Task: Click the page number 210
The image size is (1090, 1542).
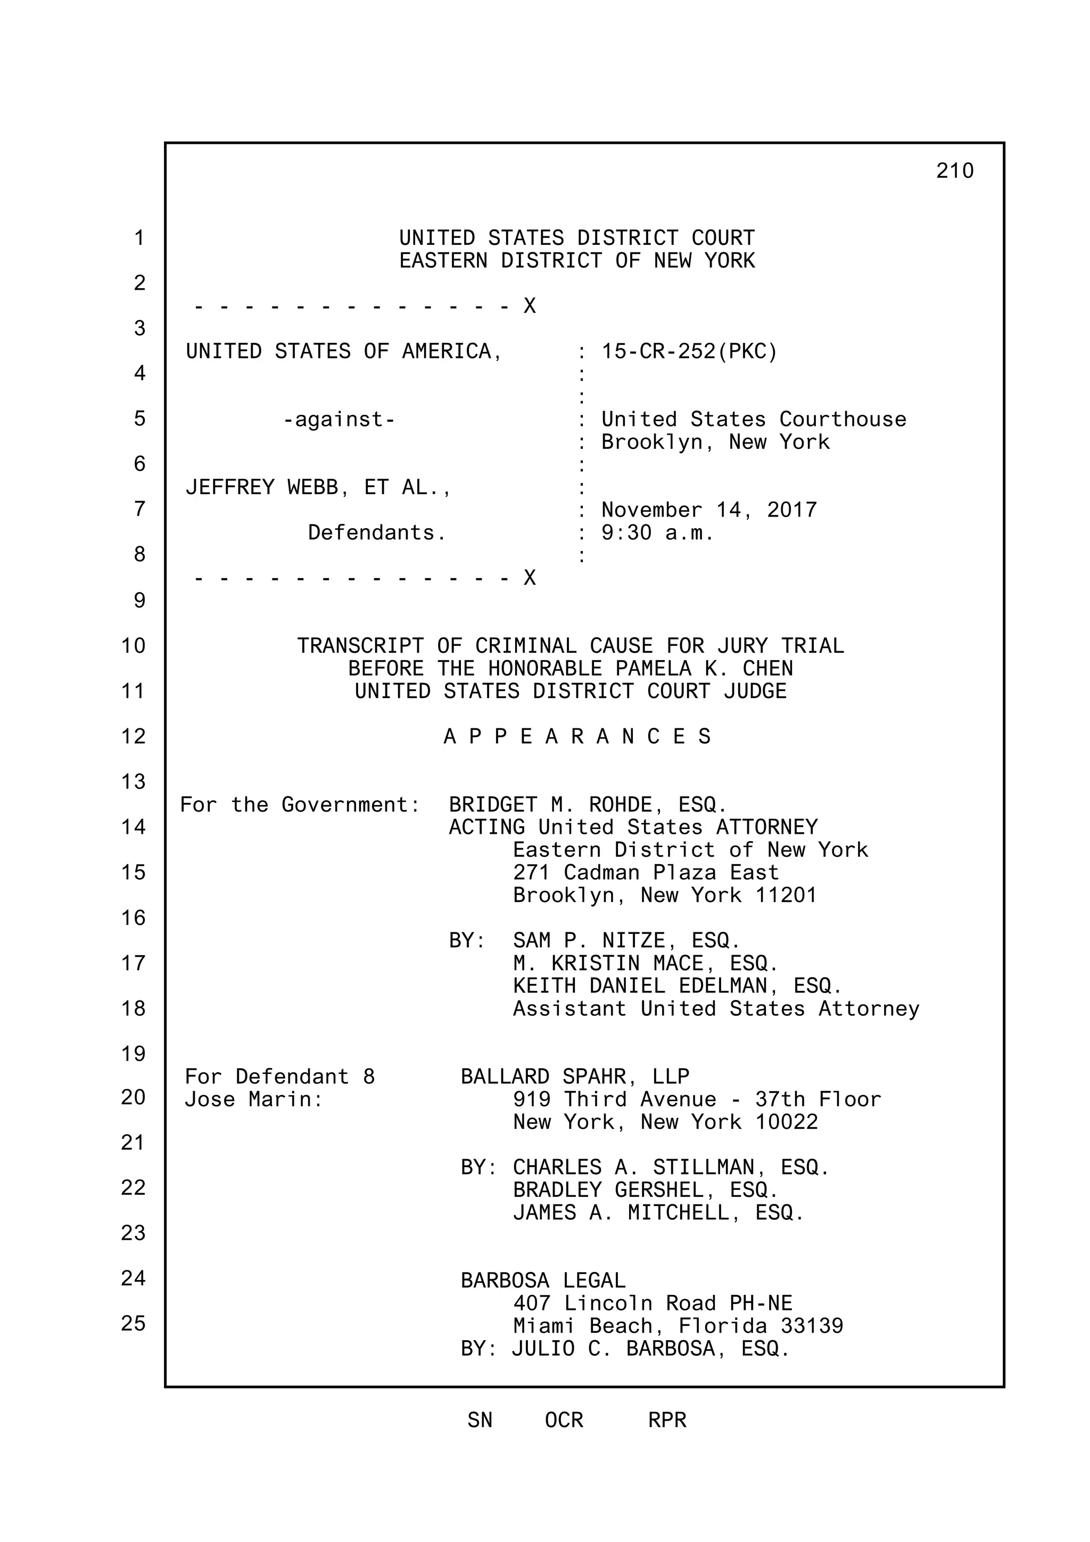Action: coord(954,171)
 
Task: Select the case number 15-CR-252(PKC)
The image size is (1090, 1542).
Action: coord(689,351)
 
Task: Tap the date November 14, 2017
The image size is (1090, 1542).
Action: coord(709,510)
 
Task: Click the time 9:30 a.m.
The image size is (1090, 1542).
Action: coord(657,532)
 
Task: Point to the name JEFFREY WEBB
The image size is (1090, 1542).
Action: coord(262,487)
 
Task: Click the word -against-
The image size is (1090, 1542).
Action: coord(339,420)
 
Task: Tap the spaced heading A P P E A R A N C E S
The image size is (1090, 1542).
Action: coord(577,737)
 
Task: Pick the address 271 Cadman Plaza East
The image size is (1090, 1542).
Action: coord(646,872)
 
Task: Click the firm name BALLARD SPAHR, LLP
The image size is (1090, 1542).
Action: coord(574,1077)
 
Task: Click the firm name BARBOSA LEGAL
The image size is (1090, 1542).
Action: coord(543,1281)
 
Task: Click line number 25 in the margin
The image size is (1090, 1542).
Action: coord(133,1323)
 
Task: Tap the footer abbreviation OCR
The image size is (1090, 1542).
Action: coord(564,1421)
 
